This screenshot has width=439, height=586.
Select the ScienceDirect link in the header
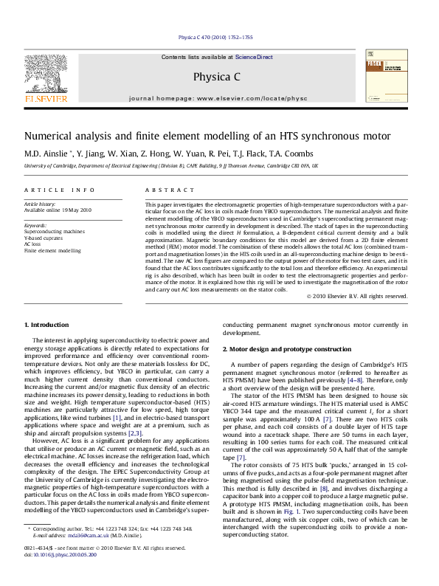point(254,57)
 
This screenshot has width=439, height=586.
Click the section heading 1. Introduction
point(47,325)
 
